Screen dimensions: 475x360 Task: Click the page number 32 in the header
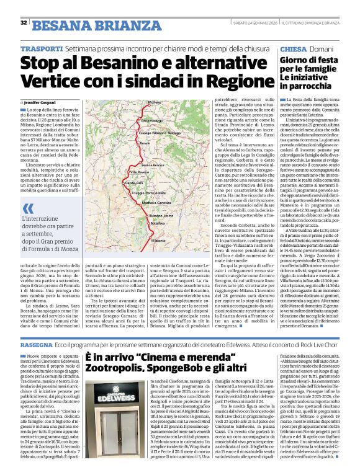pyautogui.click(x=24, y=23)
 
